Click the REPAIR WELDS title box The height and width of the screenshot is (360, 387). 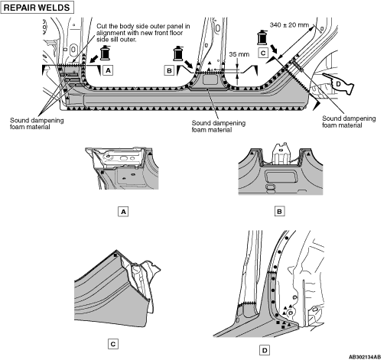tap(37, 8)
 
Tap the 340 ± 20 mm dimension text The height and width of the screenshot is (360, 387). tap(289, 25)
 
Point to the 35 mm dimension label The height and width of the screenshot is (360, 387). tap(239, 54)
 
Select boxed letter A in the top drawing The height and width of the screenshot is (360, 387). tap(108, 70)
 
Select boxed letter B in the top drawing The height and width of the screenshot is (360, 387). tap(169, 70)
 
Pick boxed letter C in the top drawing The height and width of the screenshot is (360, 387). tap(263, 53)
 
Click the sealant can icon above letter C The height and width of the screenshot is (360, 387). tap(262, 37)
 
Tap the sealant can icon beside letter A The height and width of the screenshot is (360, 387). tap(105, 53)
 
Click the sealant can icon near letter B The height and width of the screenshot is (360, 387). tap(178, 54)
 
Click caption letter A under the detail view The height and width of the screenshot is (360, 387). tap(123, 212)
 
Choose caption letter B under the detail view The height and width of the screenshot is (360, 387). tap(279, 211)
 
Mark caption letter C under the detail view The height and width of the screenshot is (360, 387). tap(113, 344)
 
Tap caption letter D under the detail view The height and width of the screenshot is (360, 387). tap(265, 350)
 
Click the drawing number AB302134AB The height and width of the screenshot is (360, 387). tap(365, 357)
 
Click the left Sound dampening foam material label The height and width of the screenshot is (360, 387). tap(37, 124)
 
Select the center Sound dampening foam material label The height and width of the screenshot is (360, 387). tap(219, 126)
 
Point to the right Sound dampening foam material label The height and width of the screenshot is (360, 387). tap(349, 122)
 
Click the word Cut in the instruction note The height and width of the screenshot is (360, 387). tap(101, 26)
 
